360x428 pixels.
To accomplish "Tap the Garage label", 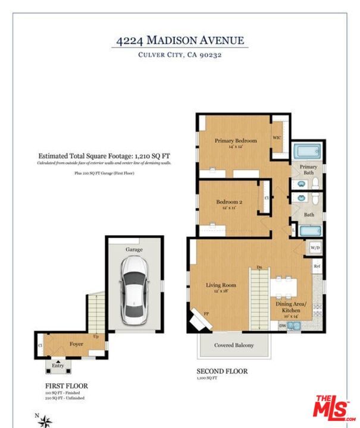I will click(134, 250).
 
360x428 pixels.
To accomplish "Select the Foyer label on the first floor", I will click(76, 344).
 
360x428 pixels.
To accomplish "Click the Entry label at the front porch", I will click(58, 366).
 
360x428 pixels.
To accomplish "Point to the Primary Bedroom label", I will click(236, 141).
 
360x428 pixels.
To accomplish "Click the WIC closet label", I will click(277, 138).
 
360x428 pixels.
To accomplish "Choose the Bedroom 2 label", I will click(229, 202).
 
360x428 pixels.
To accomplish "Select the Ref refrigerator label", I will click(317, 266).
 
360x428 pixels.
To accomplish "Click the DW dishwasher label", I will click(282, 325).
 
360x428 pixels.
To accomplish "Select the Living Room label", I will click(221, 286).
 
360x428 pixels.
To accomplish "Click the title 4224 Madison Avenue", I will click(180, 40).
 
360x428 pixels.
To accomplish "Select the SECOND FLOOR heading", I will click(222, 372).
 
